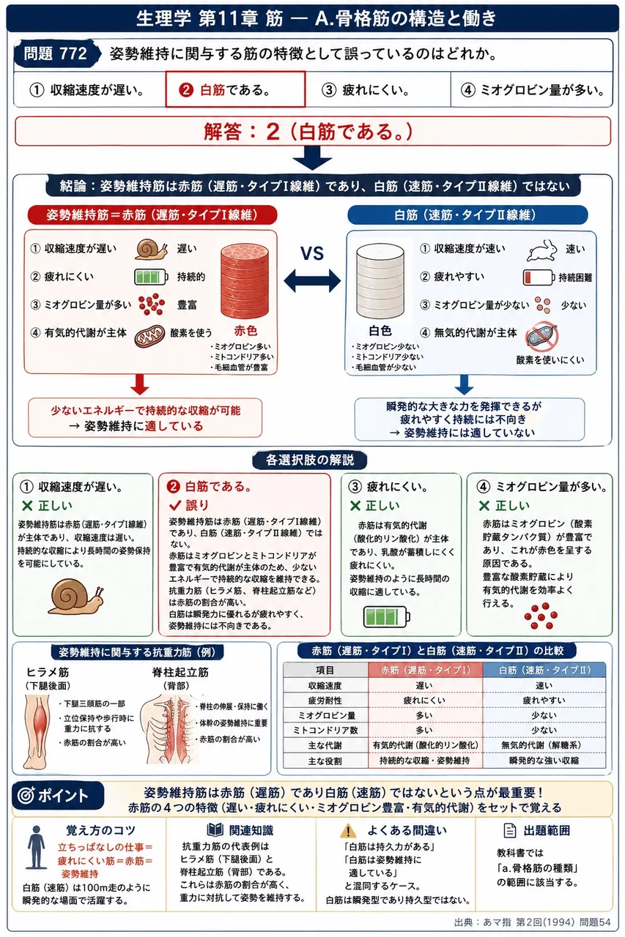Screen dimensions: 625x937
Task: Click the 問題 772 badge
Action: (56, 54)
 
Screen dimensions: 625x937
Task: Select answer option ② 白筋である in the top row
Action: (235, 89)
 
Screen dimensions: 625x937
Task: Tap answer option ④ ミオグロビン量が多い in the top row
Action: (532, 89)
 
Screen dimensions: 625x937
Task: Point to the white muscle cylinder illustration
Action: (380, 281)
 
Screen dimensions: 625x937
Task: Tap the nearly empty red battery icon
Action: (539, 277)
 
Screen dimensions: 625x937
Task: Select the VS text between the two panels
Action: (312, 253)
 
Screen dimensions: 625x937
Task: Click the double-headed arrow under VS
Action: (312, 280)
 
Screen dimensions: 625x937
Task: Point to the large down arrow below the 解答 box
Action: (312, 157)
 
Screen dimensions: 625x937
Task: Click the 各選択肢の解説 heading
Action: (310, 460)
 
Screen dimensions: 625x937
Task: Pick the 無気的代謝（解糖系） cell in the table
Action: (544, 745)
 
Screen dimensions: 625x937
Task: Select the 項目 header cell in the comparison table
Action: (325, 670)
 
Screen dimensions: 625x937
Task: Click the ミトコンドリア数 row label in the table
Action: (325, 730)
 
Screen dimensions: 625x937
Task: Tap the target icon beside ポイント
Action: (26, 795)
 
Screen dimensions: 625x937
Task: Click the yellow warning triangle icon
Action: (348, 831)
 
